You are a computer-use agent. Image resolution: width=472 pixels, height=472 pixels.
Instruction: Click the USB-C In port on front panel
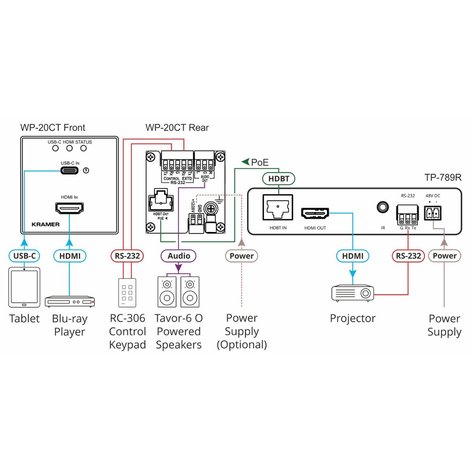point(70,170)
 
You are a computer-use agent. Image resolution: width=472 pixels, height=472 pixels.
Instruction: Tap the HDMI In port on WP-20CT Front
point(69,207)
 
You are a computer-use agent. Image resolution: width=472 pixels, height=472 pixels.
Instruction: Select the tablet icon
point(24,288)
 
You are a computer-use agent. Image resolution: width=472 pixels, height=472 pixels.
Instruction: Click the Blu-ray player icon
point(70,301)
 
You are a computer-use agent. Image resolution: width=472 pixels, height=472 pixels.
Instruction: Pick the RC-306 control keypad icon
point(127,293)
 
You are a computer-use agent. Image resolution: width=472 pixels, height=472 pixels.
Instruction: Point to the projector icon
point(352,293)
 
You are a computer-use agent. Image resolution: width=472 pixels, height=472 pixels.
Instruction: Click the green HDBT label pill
point(278,179)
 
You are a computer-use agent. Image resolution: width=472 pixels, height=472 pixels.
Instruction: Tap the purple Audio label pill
point(179,256)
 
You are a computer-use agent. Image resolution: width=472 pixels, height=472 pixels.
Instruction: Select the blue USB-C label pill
point(24,256)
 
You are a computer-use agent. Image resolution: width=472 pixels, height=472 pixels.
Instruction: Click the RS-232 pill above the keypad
point(127,256)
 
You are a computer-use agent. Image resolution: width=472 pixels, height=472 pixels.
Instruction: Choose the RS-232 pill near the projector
point(408,256)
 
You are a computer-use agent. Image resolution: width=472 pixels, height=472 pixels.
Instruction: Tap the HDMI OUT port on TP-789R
point(315,213)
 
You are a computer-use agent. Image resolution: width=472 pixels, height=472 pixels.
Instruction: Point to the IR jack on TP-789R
point(383,207)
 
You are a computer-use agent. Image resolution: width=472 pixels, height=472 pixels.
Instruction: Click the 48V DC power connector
point(432,213)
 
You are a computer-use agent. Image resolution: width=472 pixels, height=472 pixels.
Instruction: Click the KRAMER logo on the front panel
point(46,225)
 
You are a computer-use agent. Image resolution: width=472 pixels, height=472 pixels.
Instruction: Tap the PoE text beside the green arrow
point(260,162)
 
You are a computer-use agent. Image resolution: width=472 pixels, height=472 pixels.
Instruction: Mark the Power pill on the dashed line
point(242,256)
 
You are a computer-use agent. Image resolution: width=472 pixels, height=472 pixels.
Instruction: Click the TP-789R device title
point(443,177)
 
